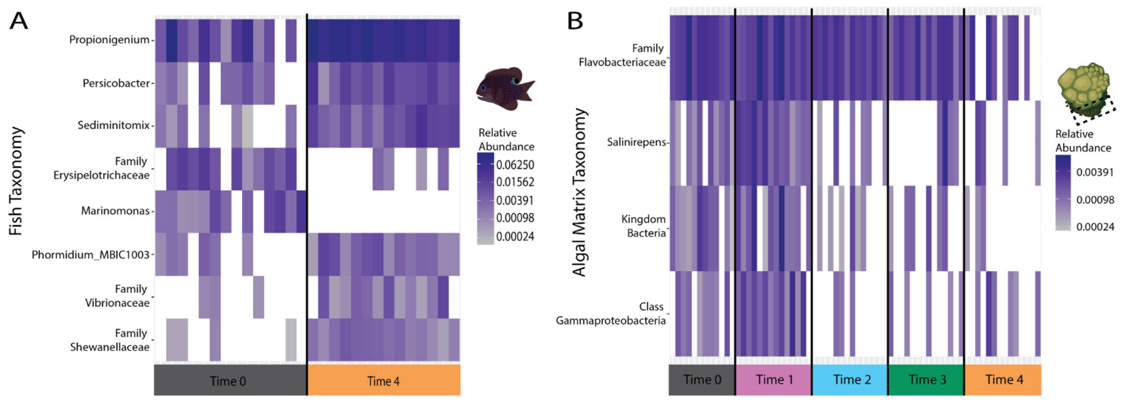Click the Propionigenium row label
(109, 40)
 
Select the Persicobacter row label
(116, 83)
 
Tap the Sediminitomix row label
(113, 125)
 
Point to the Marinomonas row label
(115, 211)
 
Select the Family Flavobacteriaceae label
(622, 55)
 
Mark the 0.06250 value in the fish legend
(515, 165)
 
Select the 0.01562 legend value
(515, 182)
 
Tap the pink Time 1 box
(774, 379)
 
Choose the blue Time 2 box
(850, 379)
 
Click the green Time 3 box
(926, 379)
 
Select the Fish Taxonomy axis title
(16, 181)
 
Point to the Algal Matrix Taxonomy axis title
(579, 192)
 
